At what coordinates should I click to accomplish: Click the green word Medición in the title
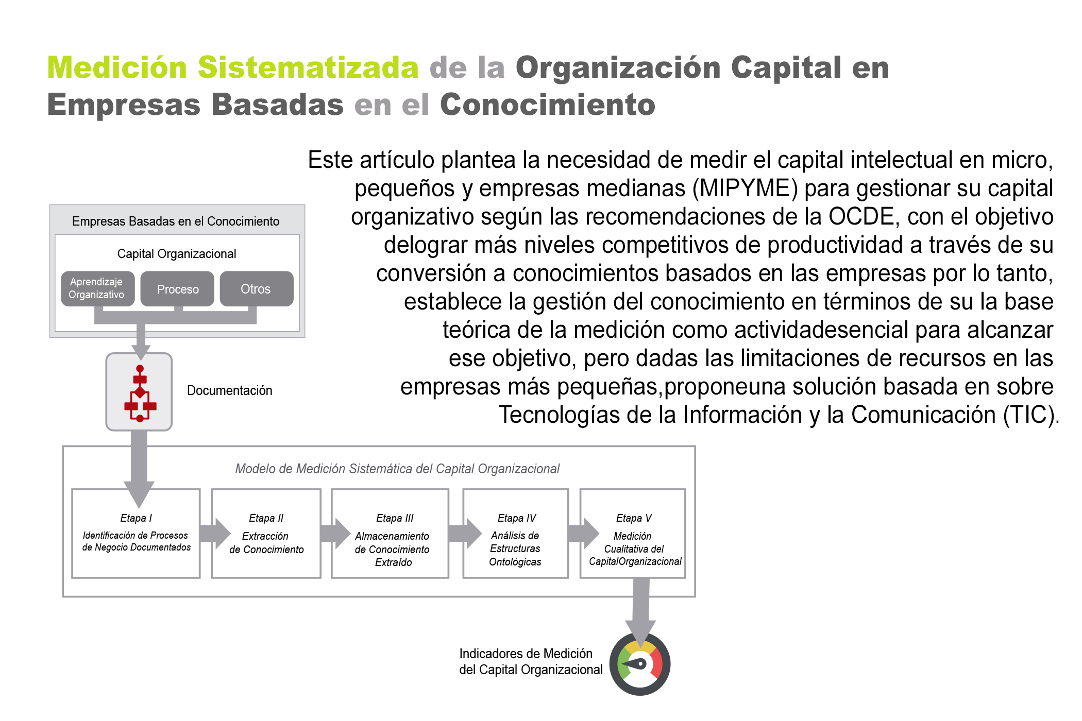click(117, 67)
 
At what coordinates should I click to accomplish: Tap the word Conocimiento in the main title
click(548, 105)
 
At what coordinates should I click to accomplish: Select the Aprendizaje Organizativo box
click(98, 288)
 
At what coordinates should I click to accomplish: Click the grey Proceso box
click(177, 288)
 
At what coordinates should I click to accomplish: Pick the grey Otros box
click(257, 288)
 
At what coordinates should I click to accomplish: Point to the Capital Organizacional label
click(177, 254)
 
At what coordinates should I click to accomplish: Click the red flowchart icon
click(140, 393)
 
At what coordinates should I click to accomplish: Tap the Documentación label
click(229, 390)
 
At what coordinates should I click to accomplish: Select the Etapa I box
click(136, 534)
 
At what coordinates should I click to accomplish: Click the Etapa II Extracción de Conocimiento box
click(266, 534)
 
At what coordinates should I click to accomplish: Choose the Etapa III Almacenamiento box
click(390, 534)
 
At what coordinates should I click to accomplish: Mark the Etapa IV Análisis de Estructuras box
click(516, 534)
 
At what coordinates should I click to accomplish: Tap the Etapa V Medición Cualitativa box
click(633, 534)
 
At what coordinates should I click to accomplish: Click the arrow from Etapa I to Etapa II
click(215, 534)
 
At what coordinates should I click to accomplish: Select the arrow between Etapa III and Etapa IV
click(465, 534)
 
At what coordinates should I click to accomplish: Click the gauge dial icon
click(640, 664)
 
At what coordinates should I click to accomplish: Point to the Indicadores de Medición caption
click(531, 662)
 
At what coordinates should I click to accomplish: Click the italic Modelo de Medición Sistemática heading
click(397, 469)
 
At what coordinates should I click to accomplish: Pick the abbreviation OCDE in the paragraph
click(861, 216)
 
